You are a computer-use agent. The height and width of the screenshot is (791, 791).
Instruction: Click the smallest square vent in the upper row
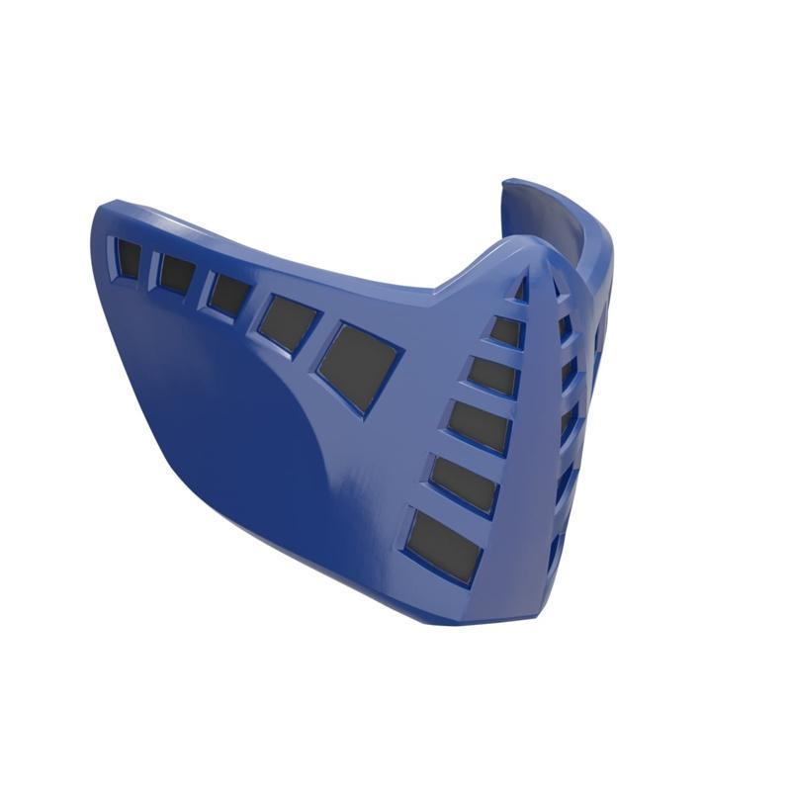click(128, 257)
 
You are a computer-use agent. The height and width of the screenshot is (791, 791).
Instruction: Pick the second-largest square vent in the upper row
click(290, 321)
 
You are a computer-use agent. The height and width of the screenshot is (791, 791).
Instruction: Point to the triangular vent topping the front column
click(520, 292)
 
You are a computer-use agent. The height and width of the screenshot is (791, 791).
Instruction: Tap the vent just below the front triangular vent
click(506, 330)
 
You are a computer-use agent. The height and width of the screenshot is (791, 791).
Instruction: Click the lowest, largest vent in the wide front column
click(444, 547)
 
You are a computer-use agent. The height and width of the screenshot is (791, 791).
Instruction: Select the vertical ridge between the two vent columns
click(539, 415)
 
